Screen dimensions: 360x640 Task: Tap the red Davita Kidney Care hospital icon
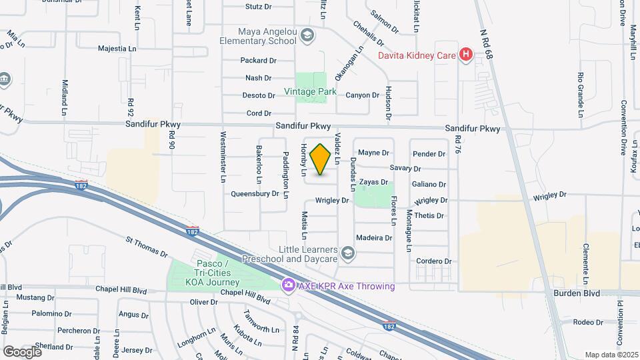[466, 55]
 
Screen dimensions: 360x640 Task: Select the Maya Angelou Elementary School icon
[307, 35]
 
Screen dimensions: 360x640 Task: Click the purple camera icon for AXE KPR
[289, 285]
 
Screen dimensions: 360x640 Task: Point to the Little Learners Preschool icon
[347, 253]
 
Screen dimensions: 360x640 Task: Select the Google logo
[22, 351]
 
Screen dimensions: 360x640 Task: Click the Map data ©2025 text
[611, 355]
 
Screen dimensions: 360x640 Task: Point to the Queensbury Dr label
[255, 194]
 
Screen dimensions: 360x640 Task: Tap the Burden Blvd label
[576, 293]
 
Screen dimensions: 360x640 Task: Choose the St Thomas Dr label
[147, 247]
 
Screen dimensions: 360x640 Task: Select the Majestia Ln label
[117, 49]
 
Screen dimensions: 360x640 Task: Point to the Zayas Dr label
[373, 182]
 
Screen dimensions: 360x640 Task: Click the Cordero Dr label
[434, 261]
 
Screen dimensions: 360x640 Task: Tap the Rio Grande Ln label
[581, 91]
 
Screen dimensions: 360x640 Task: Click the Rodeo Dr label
[588, 322]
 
